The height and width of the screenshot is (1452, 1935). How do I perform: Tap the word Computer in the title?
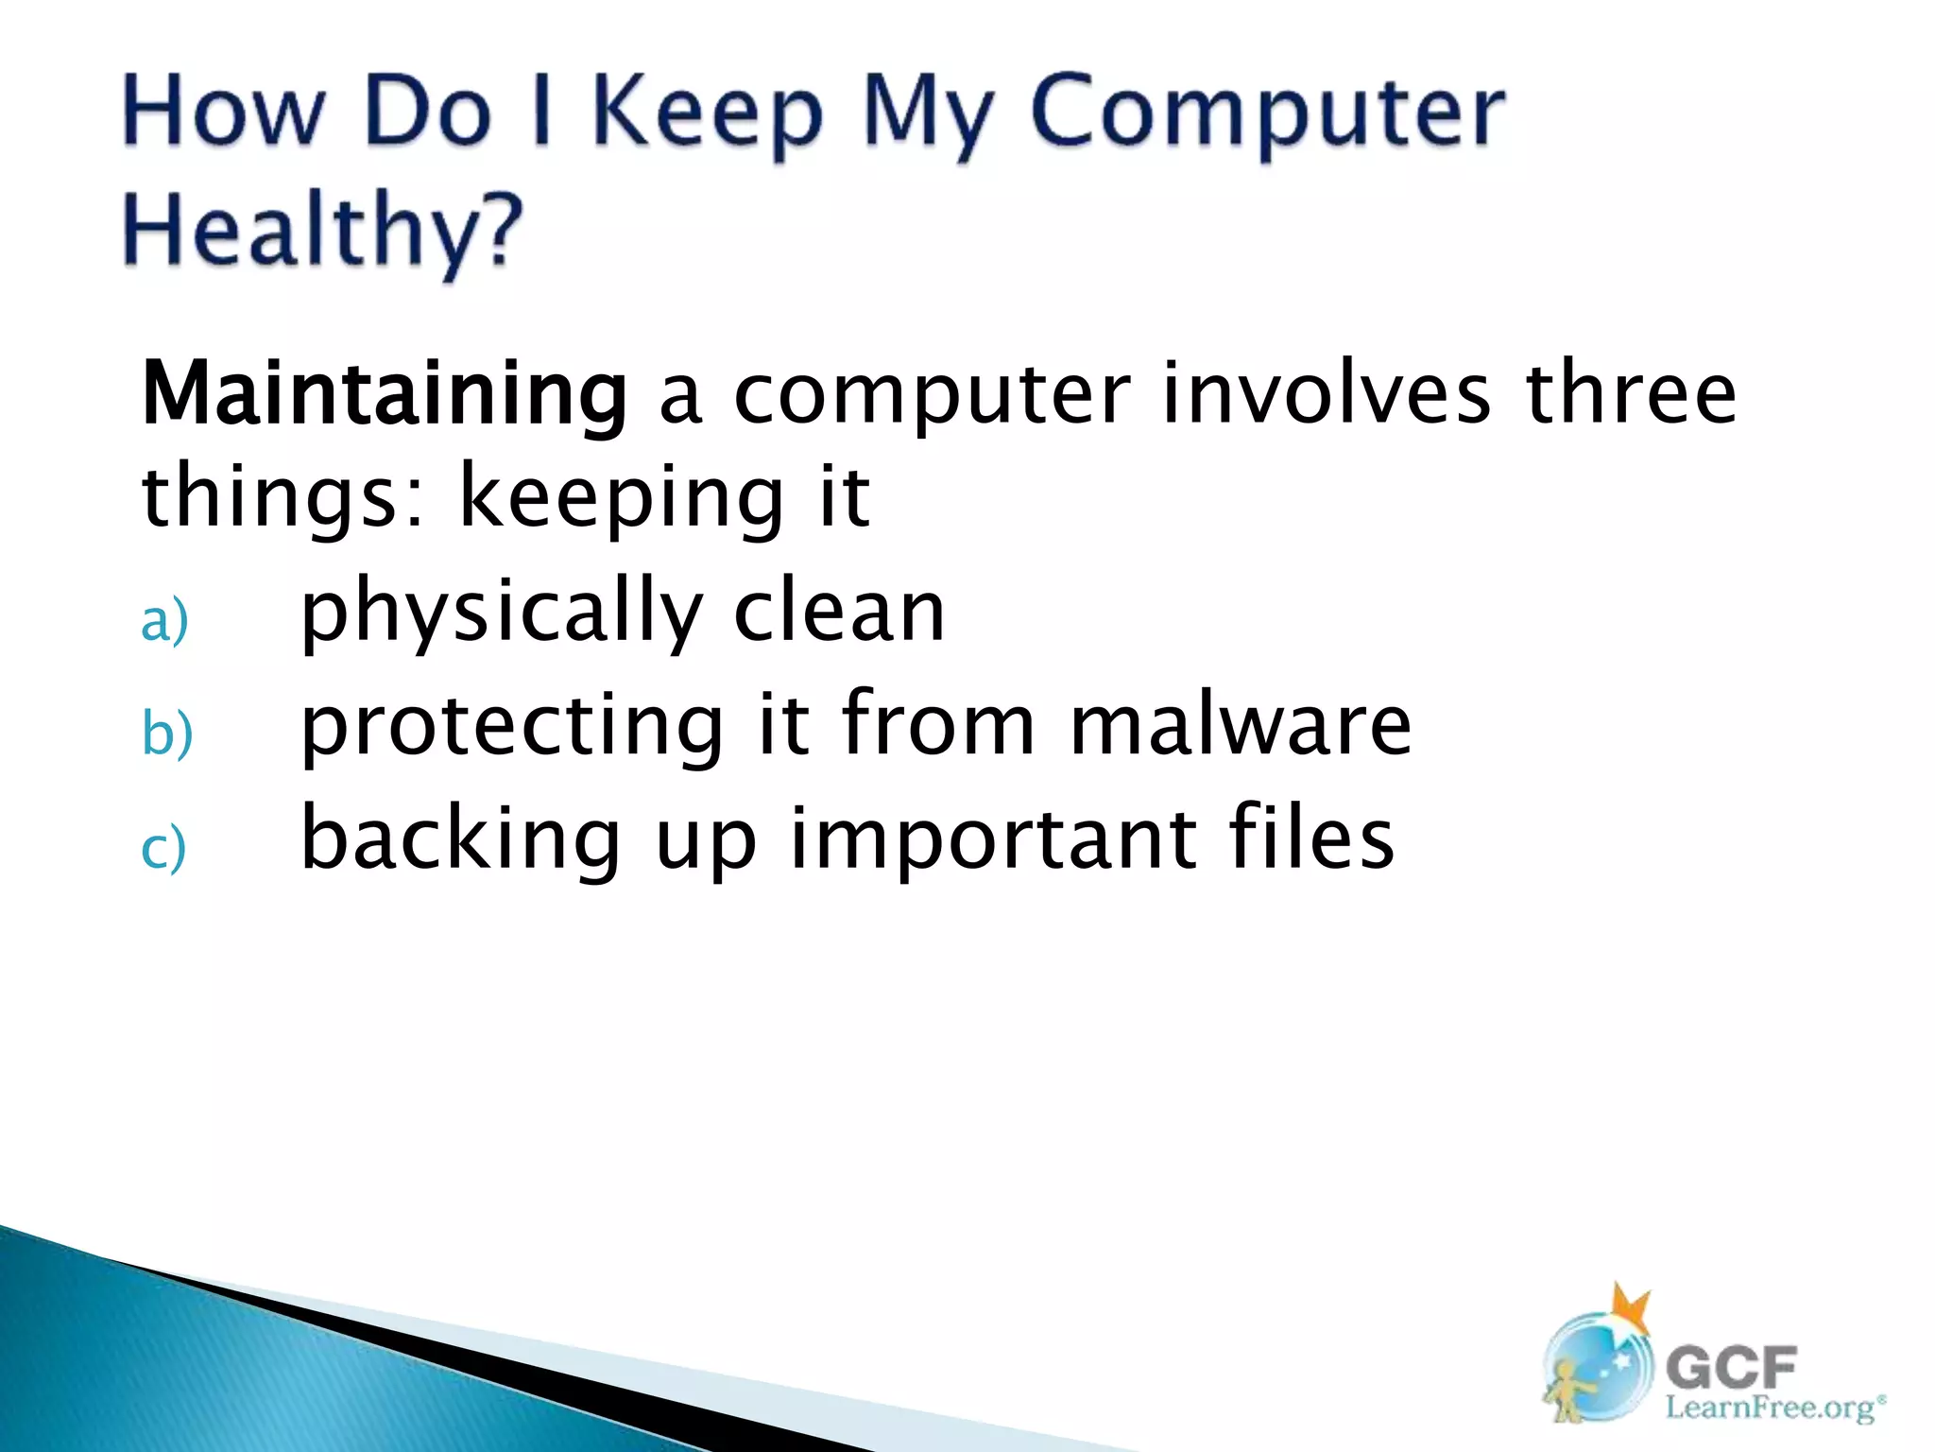[x=1266, y=113]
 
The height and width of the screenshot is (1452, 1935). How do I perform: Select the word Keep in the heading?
[x=708, y=113]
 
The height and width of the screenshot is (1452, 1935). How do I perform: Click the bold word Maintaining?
[x=384, y=395]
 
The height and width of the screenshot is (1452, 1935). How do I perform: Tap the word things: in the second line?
[x=283, y=498]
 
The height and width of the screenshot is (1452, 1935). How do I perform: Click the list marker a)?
[x=164, y=622]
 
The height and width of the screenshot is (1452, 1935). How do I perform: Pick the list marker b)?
[x=166, y=735]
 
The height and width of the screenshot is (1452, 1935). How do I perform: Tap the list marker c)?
[x=163, y=848]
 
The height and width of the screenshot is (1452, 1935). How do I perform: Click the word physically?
[x=501, y=614]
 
